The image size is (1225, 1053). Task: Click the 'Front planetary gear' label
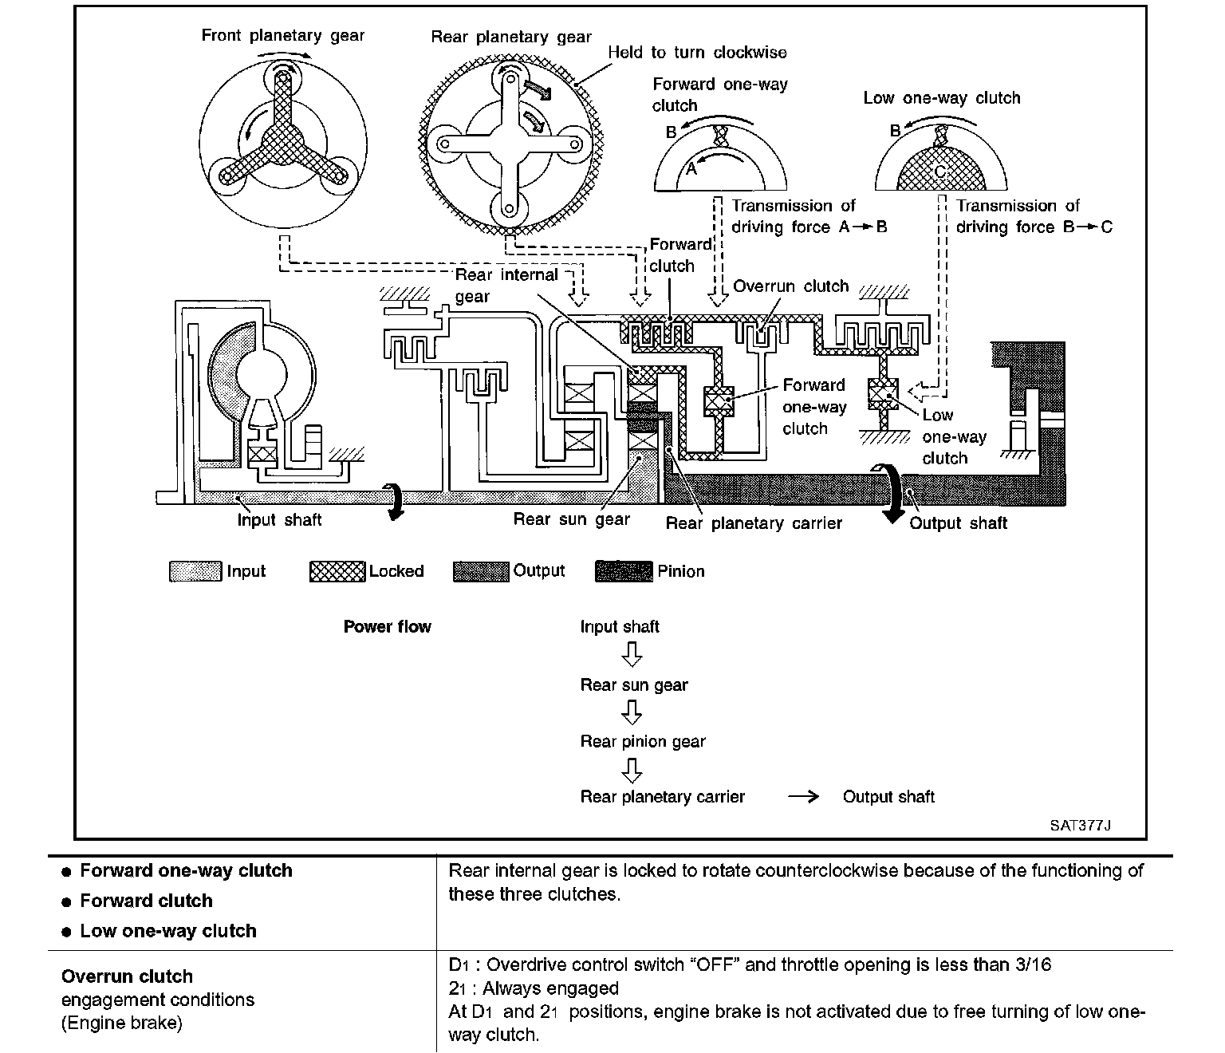coord(282,35)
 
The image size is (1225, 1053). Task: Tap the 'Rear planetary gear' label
coord(510,37)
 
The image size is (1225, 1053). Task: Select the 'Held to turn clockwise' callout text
coord(697,53)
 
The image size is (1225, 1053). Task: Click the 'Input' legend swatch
coord(195,571)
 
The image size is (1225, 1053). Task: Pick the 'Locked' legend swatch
coord(337,571)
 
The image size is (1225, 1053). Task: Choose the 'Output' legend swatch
coord(481,571)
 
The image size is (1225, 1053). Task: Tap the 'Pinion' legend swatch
coord(624,571)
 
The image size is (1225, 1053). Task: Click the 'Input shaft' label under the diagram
coord(279,520)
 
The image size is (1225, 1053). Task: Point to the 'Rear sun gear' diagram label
coord(571,520)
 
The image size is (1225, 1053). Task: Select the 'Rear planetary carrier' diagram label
coord(754,523)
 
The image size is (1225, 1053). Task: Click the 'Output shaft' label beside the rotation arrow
coord(958,523)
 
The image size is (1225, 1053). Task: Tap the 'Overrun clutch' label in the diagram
coord(790,286)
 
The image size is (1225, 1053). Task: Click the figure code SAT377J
coord(1080,826)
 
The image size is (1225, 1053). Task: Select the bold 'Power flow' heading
coord(387,627)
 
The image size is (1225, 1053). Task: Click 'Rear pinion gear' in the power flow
coord(643,742)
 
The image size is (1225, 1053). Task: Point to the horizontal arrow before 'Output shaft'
coord(802,797)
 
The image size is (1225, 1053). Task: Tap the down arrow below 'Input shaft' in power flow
coord(632,656)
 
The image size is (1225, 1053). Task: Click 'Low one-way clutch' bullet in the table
coord(167,931)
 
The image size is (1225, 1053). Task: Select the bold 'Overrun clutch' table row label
coord(127,976)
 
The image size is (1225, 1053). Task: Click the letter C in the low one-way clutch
coord(940,171)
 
